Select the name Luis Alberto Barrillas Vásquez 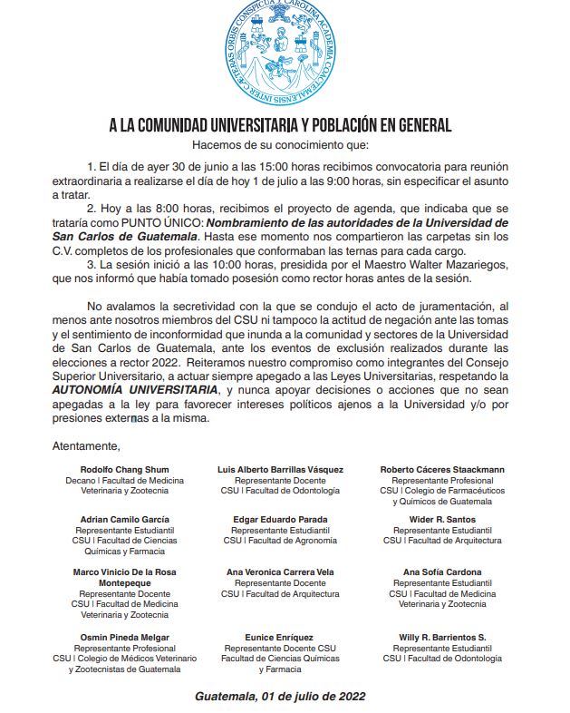pos(280,469)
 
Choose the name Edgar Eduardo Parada pos(280,519)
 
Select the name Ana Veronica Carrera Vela pos(280,572)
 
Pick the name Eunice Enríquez pos(280,637)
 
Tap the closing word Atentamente pos(86,445)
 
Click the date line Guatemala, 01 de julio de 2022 pos(280,697)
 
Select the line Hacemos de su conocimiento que pos(280,144)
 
